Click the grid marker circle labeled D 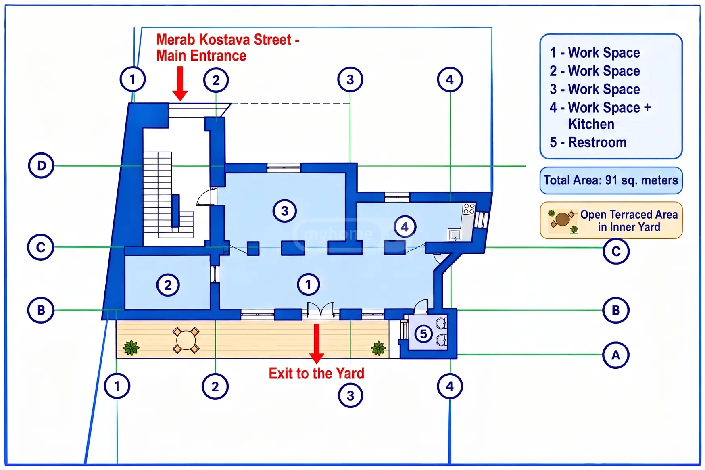coord(41,165)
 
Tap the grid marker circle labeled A coord(615,355)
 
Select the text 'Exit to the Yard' coord(317,373)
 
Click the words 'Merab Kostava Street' coord(224,40)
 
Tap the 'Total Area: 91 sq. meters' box coord(611,180)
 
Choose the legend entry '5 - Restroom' coord(588,142)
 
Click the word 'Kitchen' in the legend coord(591,124)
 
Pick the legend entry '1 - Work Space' coord(595,53)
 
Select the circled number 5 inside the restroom coord(423,334)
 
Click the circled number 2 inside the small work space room coord(168,285)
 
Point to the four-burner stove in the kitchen coord(469,209)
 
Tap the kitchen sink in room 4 coord(455,234)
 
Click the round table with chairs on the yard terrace coord(186,340)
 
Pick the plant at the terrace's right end coord(378,348)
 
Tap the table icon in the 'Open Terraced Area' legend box coord(562,219)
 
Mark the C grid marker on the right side coord(616,251)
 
